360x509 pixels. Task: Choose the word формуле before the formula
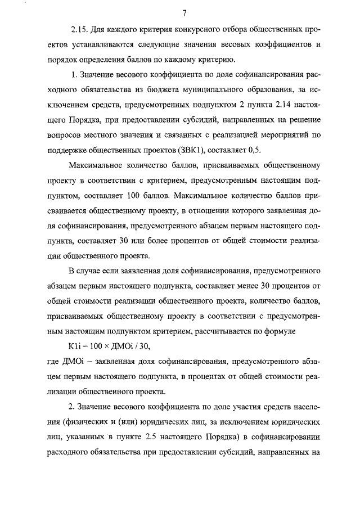click(290, 330)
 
